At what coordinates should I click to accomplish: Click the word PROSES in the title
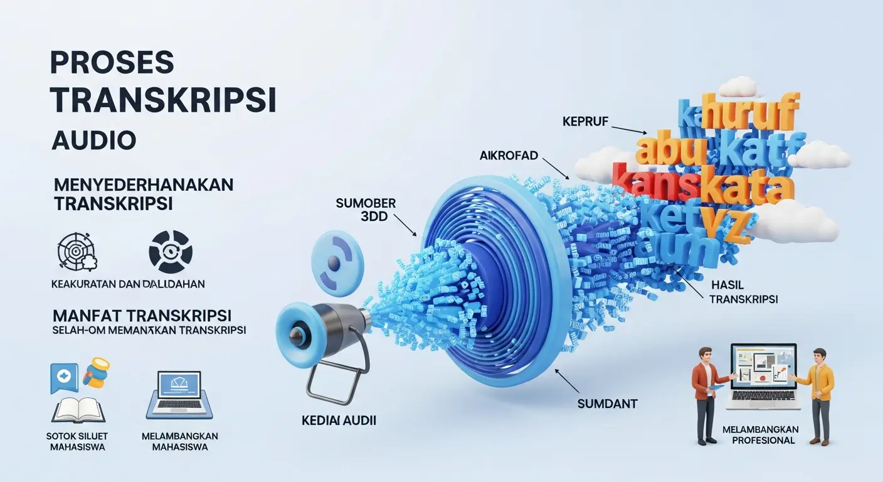coord(112,64)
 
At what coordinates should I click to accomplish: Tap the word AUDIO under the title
coord(93,140)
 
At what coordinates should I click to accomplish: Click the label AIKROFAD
coord(509,155)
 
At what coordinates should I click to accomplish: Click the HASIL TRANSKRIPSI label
coord(743,292)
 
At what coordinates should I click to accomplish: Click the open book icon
coord(78,409)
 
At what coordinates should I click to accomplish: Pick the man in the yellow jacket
coord(819,393)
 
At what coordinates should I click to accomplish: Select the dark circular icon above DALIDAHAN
coord(170,251)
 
